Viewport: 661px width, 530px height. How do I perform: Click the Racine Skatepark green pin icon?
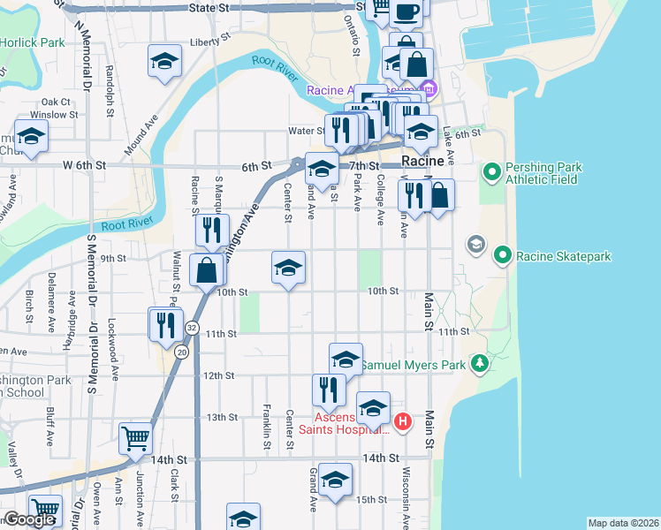pyautogui.click(x=503, y=256)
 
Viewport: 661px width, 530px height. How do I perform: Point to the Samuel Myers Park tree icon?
pyautogui.click(x=479, y=363)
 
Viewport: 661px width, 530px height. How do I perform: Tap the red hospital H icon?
pyautogui.click(x=403, y=422)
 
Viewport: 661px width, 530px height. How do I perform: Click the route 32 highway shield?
pyautogui.click(x=192, y=328)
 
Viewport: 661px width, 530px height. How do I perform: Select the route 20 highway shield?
pyautogui.click(x=181, y=352)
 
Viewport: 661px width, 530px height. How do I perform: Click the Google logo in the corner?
pyautogui.click(x=29, y=519)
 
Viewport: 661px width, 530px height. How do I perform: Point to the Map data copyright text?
pyautogui.click(x=623, y=523)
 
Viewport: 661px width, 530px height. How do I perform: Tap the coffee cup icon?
pyautogui.click(x=406, y=11)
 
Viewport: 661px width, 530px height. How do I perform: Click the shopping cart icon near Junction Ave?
pyautogui.click(x=135, y=436)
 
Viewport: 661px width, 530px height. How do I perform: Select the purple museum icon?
pyautogui.click(x=429, y=89)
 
